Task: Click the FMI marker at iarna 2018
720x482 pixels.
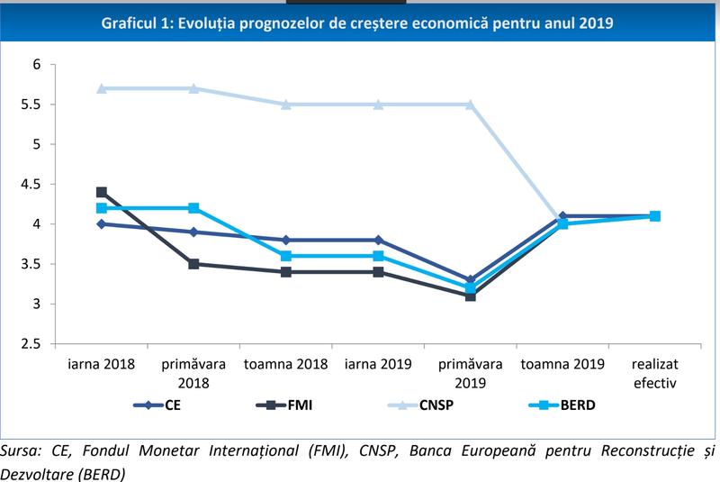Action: [x=102, y=192]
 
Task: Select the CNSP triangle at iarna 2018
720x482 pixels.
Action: [x=102, y=88]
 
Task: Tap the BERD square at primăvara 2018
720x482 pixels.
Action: [x=193, y=208]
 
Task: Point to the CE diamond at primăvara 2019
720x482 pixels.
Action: [x=471, y=280]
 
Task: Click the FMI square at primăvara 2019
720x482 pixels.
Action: [x=471, y=296]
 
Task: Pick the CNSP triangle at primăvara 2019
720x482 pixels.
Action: [x=471, y=105]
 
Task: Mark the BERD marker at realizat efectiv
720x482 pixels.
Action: [x=655, y=216]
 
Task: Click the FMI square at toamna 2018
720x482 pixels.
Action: [x=286, y=271]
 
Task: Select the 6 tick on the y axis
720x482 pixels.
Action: [x=36, y=65]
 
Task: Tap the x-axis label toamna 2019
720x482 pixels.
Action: [x=562, y=365]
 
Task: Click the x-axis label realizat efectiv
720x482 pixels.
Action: [x=655, y=373]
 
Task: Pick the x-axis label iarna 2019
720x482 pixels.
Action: [x=378, y=365]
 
